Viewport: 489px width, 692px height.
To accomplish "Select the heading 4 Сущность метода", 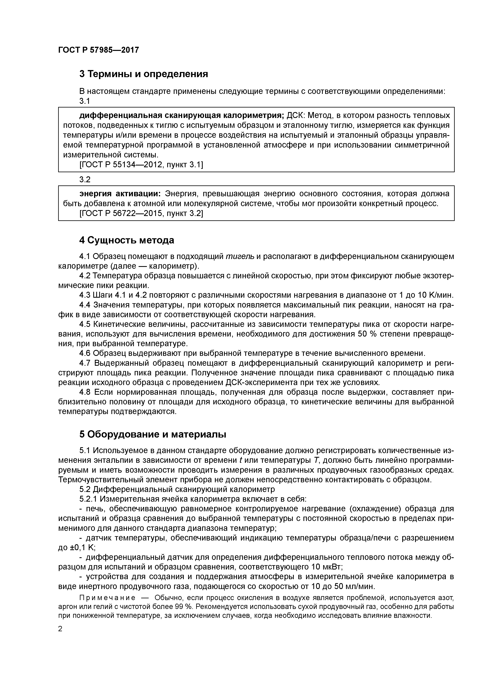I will tap(127, 240).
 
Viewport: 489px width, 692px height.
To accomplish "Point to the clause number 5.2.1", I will tap(88, 499).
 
